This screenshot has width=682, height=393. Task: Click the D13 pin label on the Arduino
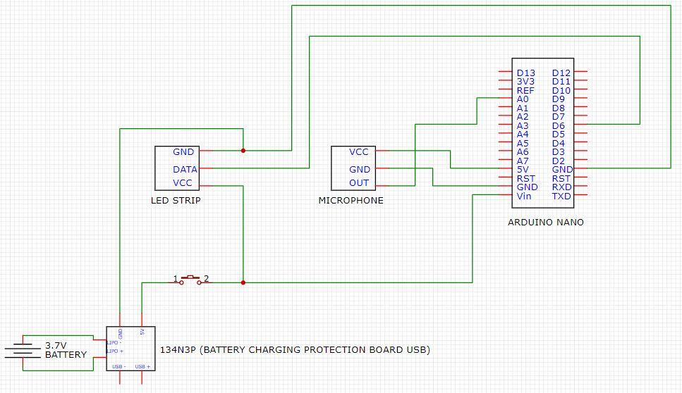(525, 73)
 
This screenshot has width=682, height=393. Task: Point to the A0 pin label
(522, 99)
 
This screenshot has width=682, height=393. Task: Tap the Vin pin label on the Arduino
(524, 196)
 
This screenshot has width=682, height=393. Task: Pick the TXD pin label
(561, 196)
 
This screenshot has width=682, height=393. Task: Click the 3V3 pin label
(525, 82)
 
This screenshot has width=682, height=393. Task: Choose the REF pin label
(525, 90)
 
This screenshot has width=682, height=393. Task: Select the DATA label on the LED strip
(185, 169)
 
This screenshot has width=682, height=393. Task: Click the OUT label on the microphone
(359, 183)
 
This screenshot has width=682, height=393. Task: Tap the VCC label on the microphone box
(359, 151)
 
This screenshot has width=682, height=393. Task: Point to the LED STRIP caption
(176, 200)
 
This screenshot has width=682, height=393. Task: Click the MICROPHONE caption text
(351, 200)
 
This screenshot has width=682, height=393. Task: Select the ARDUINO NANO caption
(546, 222)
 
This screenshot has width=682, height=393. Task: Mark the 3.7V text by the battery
(56, 346)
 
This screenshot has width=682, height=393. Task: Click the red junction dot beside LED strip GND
(243, 150)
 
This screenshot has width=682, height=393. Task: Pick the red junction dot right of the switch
(243, 282)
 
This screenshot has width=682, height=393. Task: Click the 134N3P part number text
(179, 349)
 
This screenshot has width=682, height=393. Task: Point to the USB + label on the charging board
(142, 366)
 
